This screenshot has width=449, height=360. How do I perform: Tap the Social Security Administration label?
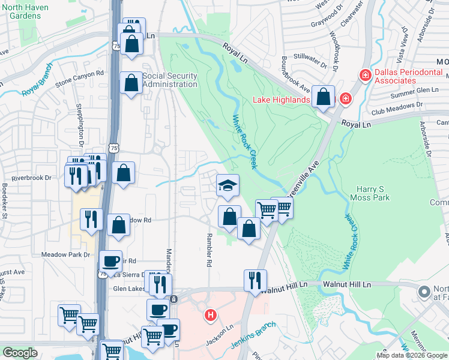tap(170, 80)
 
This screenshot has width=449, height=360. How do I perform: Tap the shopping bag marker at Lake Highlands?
tap(324, 97)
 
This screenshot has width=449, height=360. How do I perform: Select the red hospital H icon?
tap(210, 314)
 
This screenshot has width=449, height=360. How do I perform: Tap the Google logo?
tap(20, 353)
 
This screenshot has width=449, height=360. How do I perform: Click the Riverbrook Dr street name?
tap(32, 178)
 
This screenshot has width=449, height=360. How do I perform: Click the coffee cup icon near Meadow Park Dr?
tap(110, 260)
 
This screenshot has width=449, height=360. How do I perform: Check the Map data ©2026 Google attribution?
tap(412, 355)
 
